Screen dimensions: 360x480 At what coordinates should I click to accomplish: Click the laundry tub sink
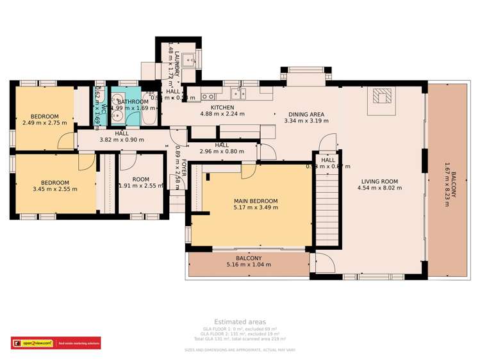coord(189,61)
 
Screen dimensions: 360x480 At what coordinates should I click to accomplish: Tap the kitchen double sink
coord(208,97)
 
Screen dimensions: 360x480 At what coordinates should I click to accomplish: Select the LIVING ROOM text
coord(381,181)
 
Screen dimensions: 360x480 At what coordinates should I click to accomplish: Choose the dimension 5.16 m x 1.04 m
coord(249,264)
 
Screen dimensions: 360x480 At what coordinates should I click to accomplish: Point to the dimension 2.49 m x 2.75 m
coord(44,123)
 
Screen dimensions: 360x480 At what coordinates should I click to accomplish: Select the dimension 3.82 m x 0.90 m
coord(122,140)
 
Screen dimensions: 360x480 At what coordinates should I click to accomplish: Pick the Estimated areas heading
coord(240,322)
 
